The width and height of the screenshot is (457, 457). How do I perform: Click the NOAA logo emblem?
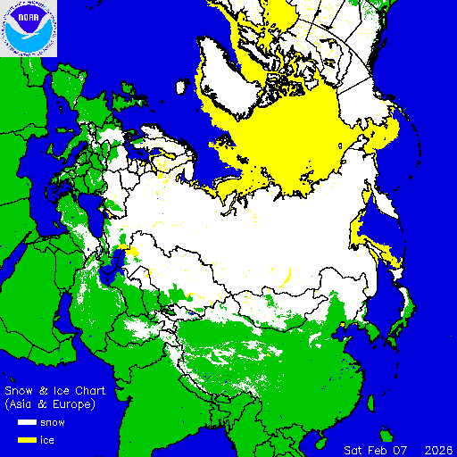(x=29, y=29)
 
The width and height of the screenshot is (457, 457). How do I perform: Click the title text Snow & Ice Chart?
(x=55, y=391)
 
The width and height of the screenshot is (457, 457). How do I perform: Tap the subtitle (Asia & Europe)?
(x=50, y=404)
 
